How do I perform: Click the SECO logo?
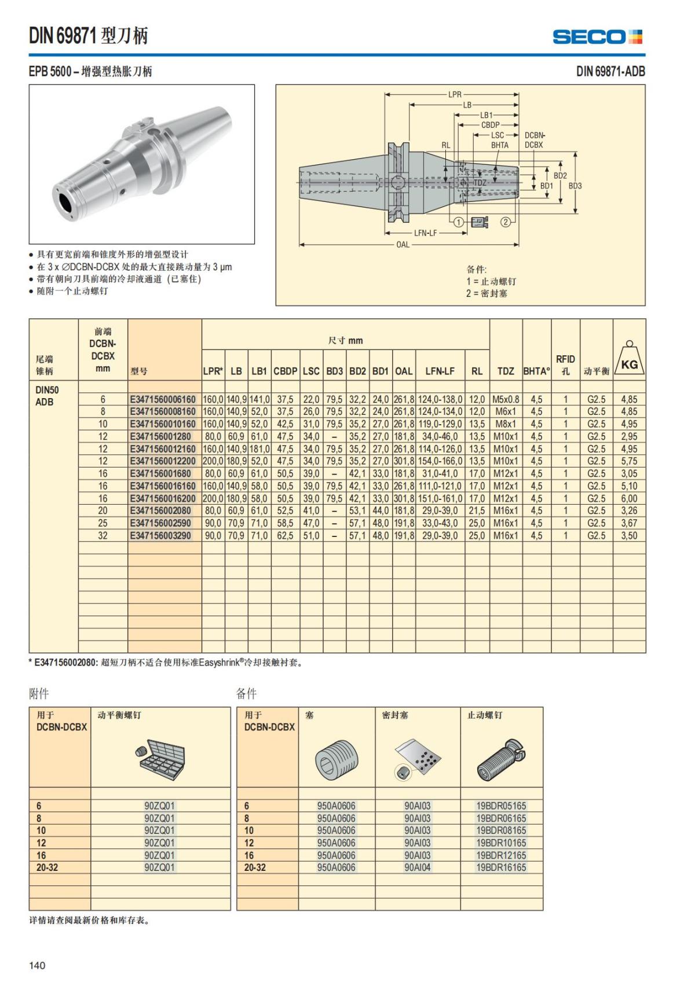[x=598, y=37]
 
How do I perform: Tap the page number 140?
[x=37, y=965]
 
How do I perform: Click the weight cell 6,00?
[x=629, y=498]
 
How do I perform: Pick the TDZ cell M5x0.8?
[x=506, y=399]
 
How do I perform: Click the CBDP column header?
[x=286, y=372]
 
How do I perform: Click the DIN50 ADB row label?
[x=47, y=396]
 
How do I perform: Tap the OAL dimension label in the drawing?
[x=403, y=245]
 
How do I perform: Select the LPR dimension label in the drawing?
[x=455, y=94]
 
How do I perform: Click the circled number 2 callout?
[x=505, y=222]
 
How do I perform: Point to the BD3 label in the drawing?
[x=575, y=186]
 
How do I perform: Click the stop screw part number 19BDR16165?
[x=501, y=867]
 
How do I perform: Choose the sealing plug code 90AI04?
[x=417, y=867]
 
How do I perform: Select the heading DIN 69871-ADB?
[x=610, y=72]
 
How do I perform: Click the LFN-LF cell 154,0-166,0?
[x=440, y=461]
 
